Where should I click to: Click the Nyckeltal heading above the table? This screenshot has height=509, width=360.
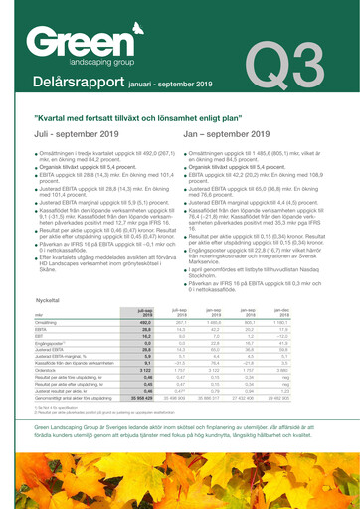[33, 325]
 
